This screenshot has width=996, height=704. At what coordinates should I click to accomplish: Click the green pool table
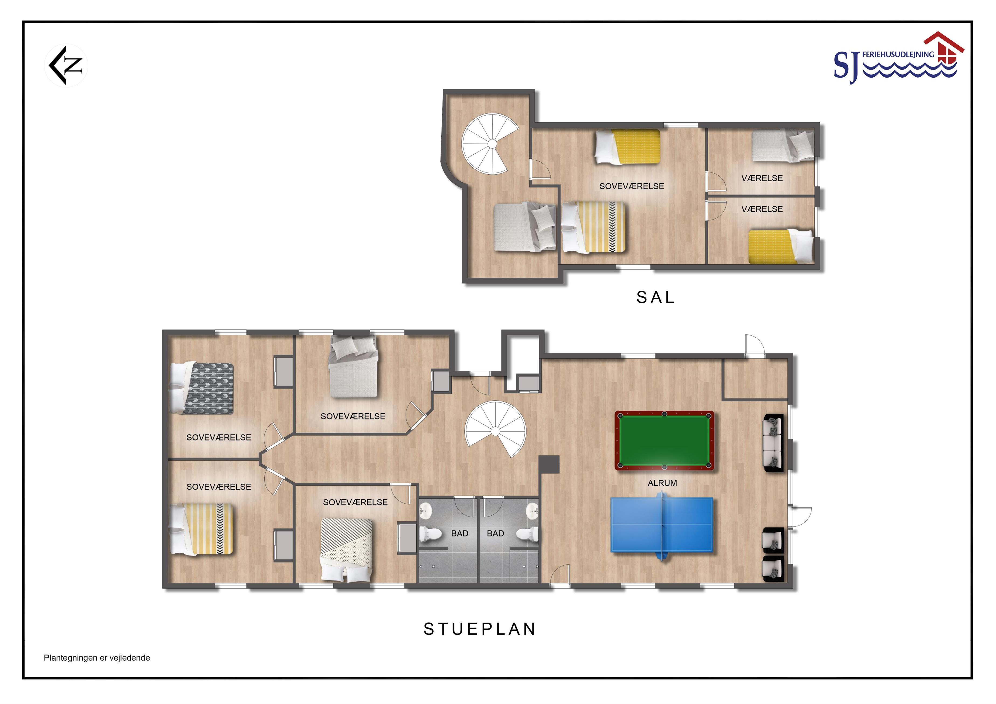[664, 441]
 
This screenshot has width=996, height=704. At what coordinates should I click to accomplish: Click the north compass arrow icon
[66, 65]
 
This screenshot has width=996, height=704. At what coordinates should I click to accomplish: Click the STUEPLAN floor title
[480, 629]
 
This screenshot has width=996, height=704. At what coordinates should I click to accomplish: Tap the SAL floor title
[655, 297]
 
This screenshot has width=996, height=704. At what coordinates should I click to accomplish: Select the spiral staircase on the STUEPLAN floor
[495, 429]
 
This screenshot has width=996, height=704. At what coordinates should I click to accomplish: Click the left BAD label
[460, 533]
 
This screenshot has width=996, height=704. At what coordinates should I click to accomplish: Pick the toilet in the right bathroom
[527, 534]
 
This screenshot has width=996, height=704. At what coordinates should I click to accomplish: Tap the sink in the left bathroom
[426, 511]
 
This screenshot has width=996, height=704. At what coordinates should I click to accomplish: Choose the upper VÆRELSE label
[762, 178]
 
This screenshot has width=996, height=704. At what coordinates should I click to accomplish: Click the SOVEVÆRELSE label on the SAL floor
[632, 186]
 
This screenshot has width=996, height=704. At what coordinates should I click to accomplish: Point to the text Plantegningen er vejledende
[97, 658]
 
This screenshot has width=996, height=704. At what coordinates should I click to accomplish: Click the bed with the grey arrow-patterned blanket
[201, 387]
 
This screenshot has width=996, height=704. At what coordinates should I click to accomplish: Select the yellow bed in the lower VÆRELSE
[780, 246]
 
